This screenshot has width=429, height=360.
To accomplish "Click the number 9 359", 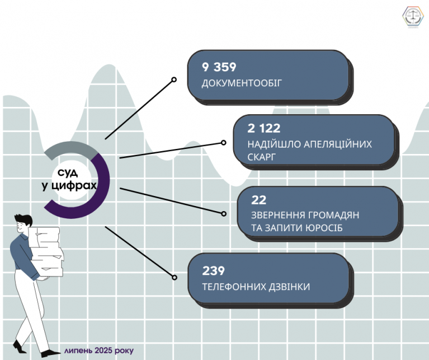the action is (x=219, y=67).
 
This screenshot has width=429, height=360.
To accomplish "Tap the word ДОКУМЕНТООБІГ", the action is (x=242, y=83).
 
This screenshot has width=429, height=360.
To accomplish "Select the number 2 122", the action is (x=264, y=128).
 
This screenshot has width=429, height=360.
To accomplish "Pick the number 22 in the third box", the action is (x=258, y=200).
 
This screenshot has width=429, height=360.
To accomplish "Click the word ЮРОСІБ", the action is (x=324, y=228).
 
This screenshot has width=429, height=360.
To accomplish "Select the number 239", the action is (x=214, y=271).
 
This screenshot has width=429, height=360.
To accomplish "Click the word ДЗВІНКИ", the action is (x=289, y=287).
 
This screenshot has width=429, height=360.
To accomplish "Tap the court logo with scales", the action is (x=413, y=16).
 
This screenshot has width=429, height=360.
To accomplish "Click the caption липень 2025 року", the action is (x=99, y=350).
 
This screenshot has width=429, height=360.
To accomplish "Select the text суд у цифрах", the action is (x=69, y=179).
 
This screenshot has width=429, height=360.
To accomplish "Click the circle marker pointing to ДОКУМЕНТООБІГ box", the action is (x=174, y=80).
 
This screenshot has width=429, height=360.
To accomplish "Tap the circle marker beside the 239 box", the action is (x=175, y=277).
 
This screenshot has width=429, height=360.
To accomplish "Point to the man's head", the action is (x=23, y=223).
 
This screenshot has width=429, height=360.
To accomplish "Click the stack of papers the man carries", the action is (x=46, y=252).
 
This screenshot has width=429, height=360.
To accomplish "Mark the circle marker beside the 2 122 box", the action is (x=224, y=143).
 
